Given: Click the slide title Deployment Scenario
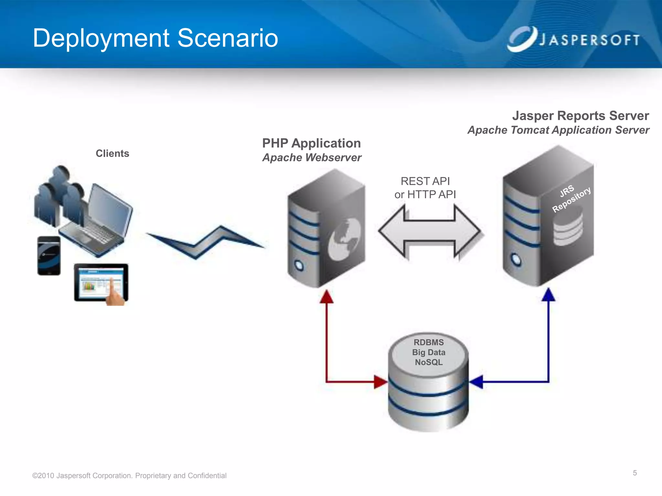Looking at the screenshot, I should [x=155, y=38].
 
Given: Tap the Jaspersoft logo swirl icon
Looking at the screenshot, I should [x=521, y=39].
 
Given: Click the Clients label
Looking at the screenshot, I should [x=112, y=153].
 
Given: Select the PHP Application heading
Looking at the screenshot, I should [x=311, y=143].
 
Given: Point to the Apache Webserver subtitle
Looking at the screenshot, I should [x=312, y=158].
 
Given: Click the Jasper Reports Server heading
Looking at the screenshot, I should [x=580, y=116].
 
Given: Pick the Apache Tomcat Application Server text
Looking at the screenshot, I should [x=558, y=130].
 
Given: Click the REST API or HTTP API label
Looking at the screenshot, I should [x=425, y=188].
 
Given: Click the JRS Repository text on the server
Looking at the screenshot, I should [x=571, y=199].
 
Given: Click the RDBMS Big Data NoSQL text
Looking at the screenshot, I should [x=429, y=352].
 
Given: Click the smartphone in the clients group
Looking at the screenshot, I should [x=49, y=255].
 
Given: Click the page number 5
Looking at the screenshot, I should [x=635, y=473].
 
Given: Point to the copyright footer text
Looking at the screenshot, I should [x=129, y=476].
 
